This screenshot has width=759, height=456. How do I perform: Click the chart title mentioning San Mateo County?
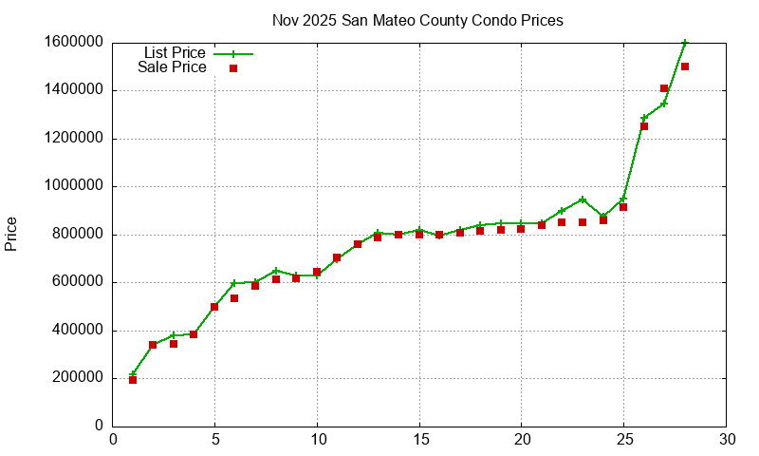(417, 20)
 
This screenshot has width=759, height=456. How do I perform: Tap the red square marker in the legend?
(233, 68)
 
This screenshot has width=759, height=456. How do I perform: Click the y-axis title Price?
(11, 234)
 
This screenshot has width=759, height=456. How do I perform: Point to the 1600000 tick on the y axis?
(73, 43)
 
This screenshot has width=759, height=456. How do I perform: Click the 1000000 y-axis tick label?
(73, 186)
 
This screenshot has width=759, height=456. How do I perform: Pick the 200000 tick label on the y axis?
(77, 378)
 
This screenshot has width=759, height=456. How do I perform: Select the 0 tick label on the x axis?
(113, 439)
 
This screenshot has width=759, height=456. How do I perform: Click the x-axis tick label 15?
(419, 439)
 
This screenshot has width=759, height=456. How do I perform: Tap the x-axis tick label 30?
(726, 439)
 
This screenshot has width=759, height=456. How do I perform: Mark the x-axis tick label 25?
(623, 439)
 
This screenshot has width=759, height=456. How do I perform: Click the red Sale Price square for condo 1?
(133, 380)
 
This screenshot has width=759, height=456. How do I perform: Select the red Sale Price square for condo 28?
(685, 66)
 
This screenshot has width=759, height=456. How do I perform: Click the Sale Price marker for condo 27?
(664, 88)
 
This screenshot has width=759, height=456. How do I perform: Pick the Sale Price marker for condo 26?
(644, 126)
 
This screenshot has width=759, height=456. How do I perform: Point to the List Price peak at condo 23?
(583, 199)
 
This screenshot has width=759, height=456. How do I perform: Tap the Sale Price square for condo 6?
(234, 298)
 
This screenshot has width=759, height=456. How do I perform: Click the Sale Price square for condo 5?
(214, 307)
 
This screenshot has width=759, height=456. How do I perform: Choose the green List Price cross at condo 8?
(276, 271)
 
